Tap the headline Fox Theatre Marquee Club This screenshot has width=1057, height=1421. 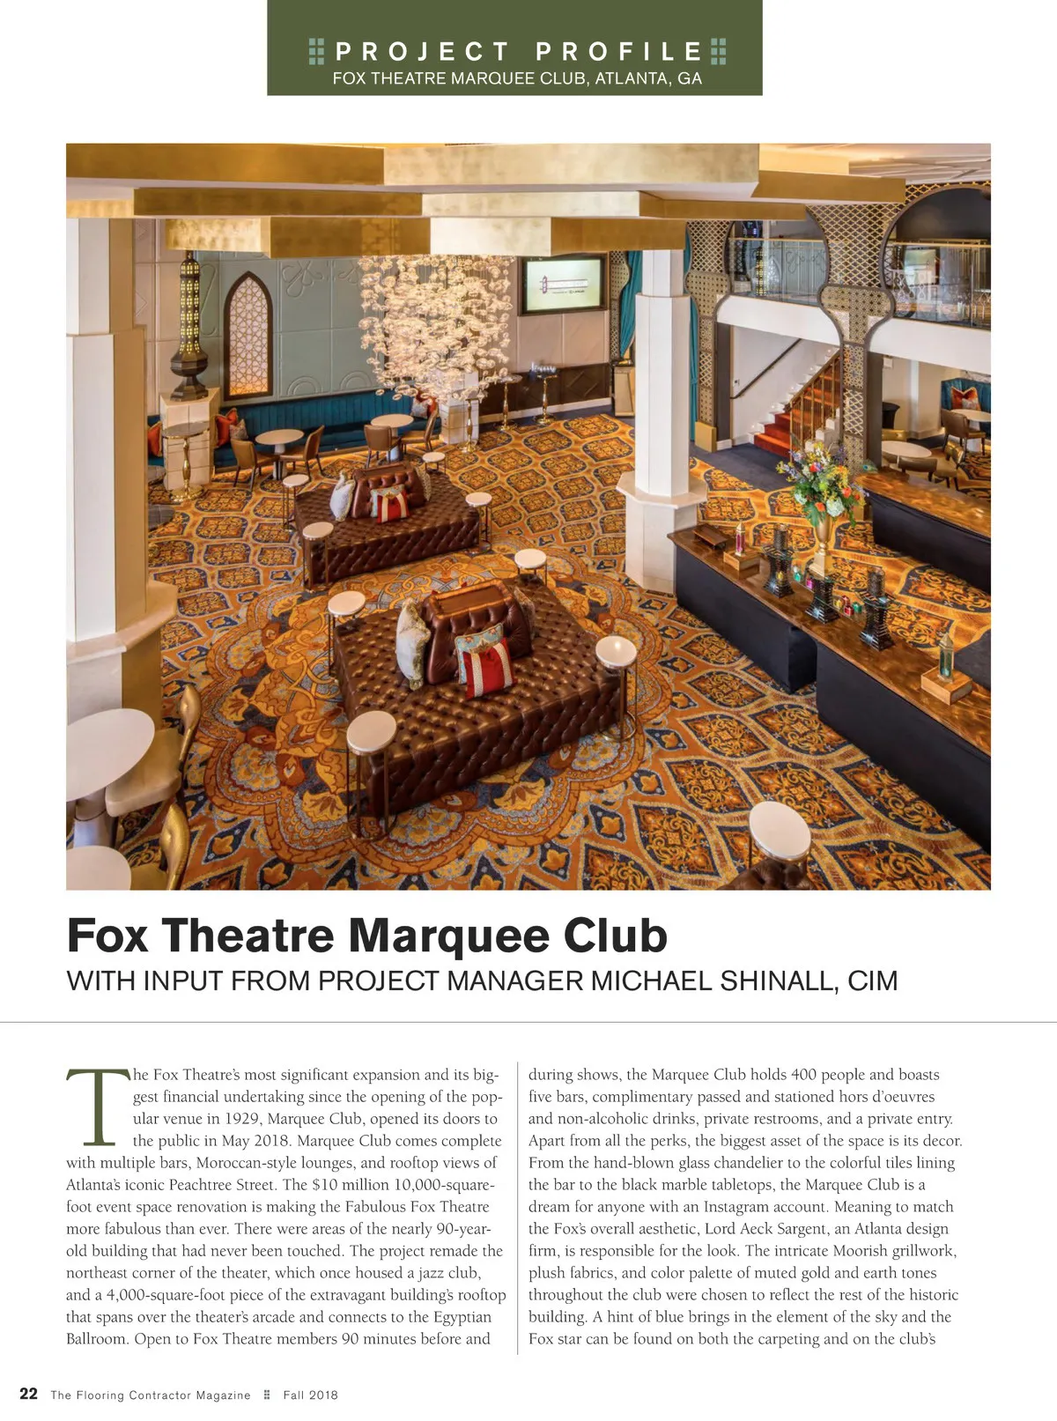click(x=366, y=936)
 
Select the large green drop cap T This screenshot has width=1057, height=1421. click(x=97, y=1106)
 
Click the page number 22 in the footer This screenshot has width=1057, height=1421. click(x=28, y=1394)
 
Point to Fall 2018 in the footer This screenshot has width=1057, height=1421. click(x=310, y=1395)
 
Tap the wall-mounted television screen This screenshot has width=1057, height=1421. click(x=563, y=285)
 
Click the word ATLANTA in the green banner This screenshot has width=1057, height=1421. click(x=629, y=78)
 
